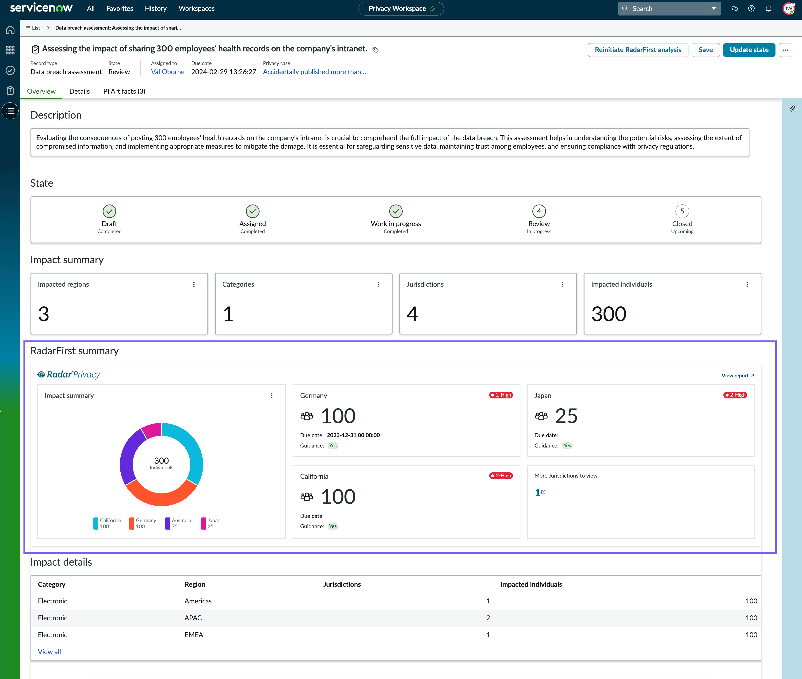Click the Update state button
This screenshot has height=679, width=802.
click(749, 50)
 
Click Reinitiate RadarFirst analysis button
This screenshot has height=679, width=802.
click(638, 50)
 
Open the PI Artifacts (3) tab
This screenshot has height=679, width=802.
click(124, 91)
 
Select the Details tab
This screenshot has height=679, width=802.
click(79, 91)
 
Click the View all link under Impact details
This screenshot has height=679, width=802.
click(49, 651)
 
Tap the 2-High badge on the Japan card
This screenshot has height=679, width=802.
click(735, 395)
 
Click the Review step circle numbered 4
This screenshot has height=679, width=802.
click(539, 211)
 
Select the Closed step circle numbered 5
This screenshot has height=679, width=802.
click(682, 211)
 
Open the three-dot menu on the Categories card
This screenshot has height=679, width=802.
click(378, 285)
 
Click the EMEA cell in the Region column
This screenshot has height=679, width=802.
click(194, 635)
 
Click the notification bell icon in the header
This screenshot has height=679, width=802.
click(768, 8)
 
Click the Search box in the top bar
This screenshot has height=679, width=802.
click(662, 8)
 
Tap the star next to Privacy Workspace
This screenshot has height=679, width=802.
click(432, 8)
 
